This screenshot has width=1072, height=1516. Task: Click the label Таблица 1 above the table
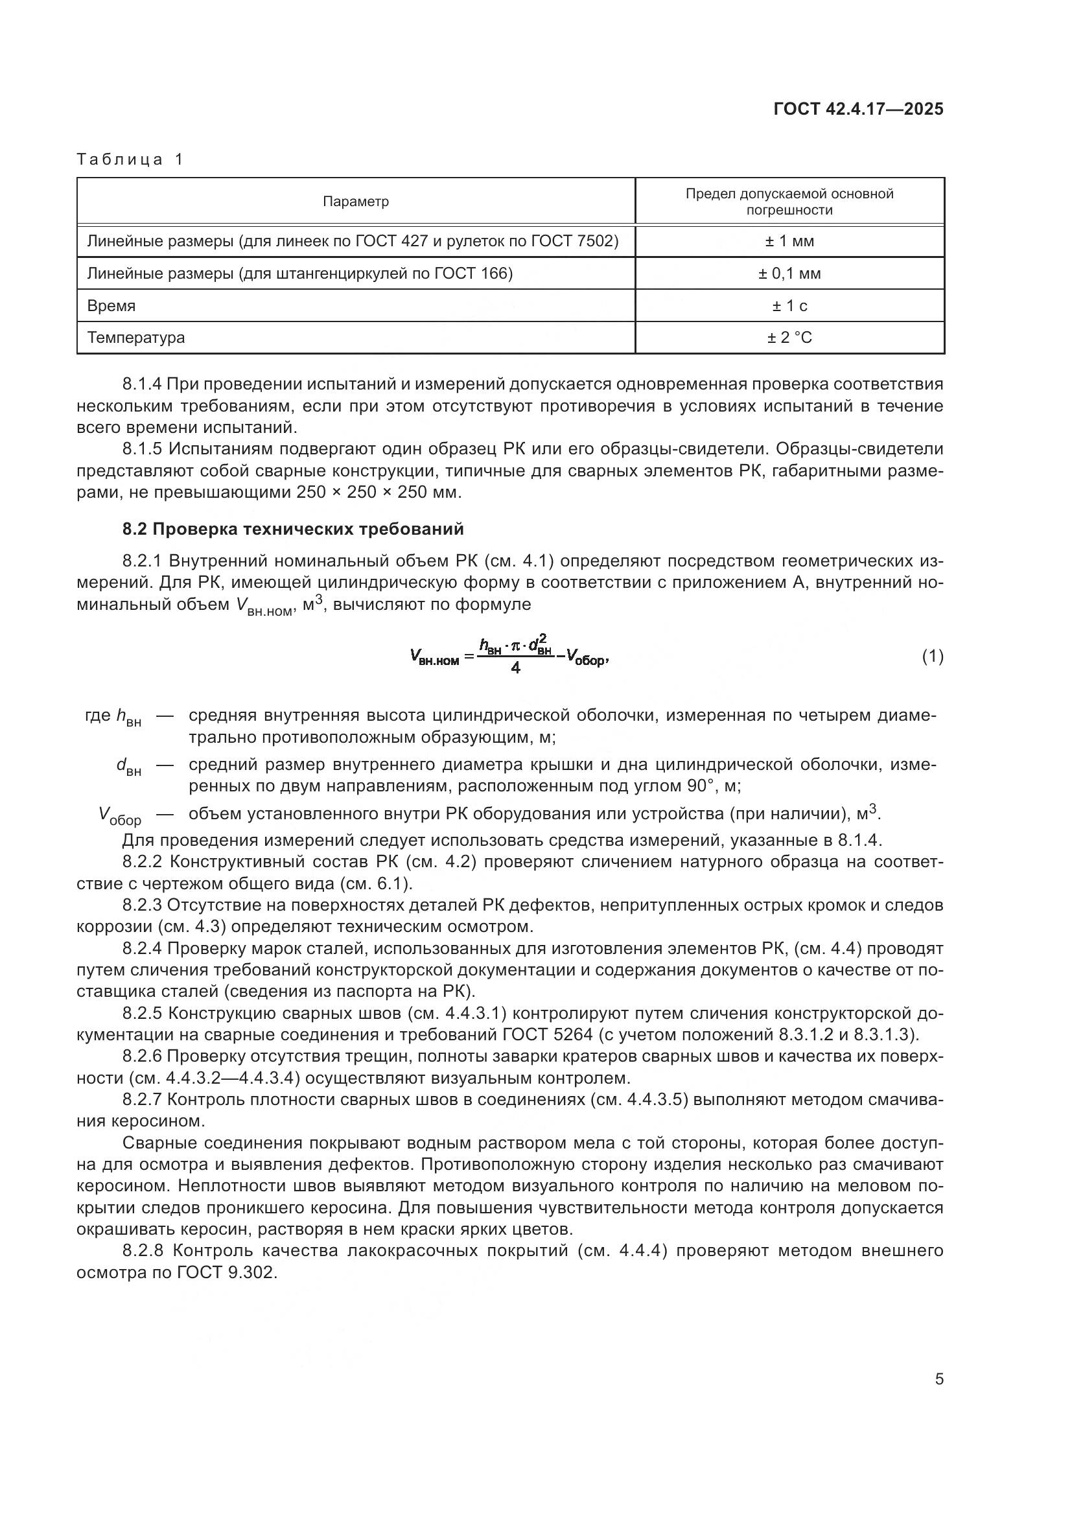(130, 159)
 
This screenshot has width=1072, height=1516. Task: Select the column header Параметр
(355, 202)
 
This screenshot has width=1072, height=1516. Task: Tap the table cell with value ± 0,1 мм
(789, 274)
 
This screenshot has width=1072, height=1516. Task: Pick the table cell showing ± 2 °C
(789, 338)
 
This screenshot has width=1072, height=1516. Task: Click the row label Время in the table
(111, 307)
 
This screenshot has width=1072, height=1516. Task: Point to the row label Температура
(136, 338)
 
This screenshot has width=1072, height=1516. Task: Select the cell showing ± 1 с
(789, 307)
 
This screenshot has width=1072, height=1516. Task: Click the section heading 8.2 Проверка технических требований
(292, 529)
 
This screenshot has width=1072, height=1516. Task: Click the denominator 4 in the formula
(515, 668)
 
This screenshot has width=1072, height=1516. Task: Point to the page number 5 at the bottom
(938, 1379)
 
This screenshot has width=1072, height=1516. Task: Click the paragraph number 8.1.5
(142, 449)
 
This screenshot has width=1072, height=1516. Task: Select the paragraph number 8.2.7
(142, 1099)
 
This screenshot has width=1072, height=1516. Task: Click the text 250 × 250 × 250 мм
(380, 493)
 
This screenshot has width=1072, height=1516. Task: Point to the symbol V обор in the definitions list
(119, 816)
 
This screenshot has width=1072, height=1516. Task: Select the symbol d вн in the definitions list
(128, 767)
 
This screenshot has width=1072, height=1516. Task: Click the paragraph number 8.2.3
(142, 905)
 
